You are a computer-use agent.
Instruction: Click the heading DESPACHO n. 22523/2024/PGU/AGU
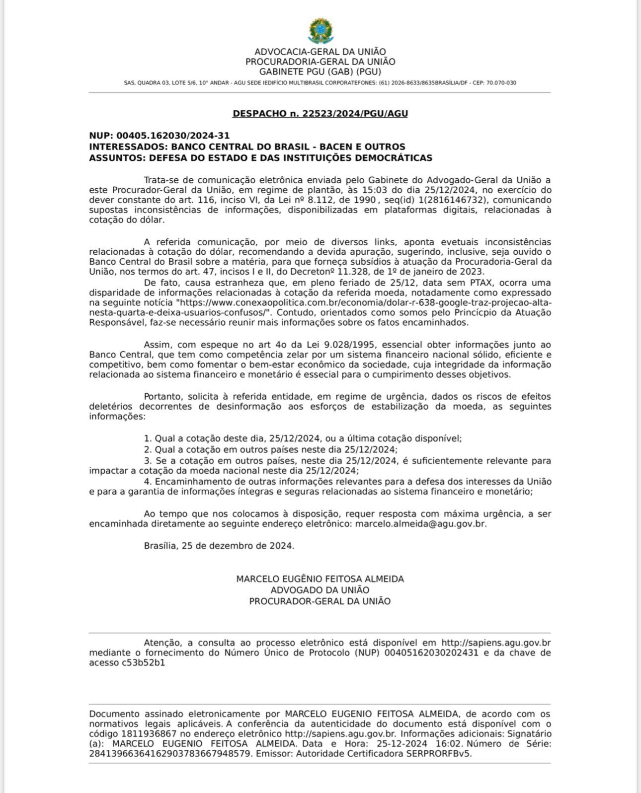tap(320, 114)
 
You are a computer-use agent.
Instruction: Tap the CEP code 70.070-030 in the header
tap(501, 83)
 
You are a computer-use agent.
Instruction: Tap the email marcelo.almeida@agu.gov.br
tap(420, 524)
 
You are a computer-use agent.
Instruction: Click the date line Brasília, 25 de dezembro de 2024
tap(219, 546)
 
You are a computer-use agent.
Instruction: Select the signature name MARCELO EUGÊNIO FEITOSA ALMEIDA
tap(320, 579)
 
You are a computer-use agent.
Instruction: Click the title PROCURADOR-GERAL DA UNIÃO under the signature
tap(320, 601)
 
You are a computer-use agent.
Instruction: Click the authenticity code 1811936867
tap(149, 734)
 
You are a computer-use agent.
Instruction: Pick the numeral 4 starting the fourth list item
tap(147, 482)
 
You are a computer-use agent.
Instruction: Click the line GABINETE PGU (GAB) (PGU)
tap(320, 72)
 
